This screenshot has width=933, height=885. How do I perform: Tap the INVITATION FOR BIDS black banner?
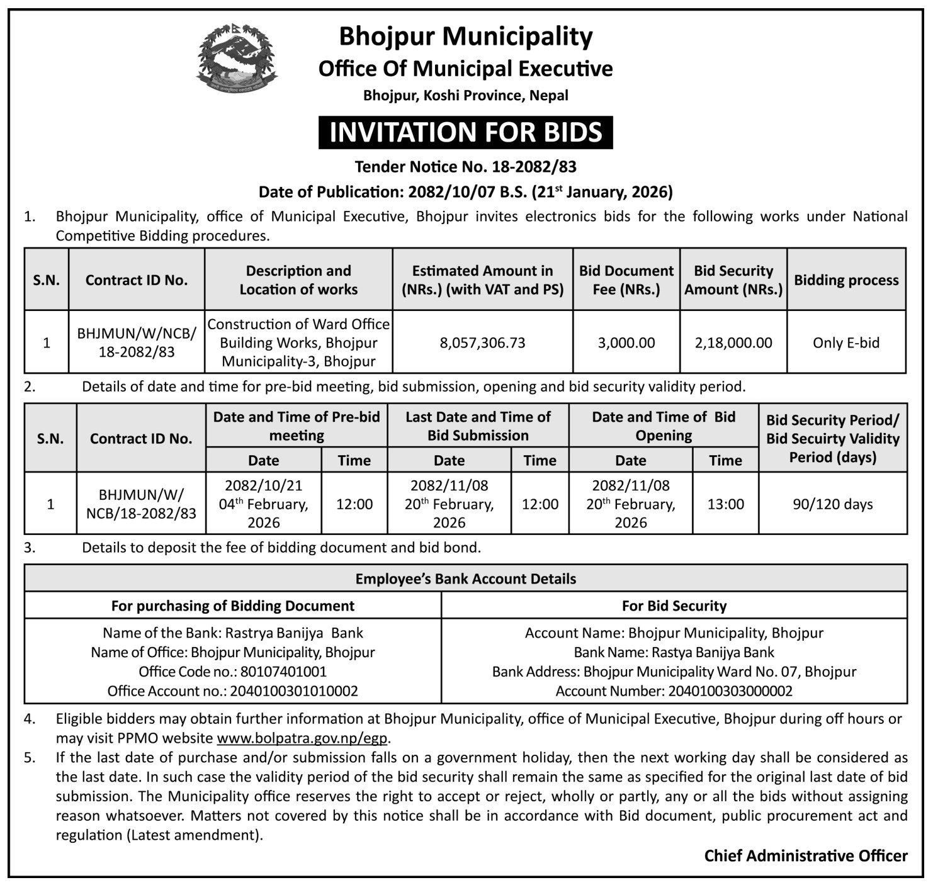465,133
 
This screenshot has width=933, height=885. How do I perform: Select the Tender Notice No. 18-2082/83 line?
465,167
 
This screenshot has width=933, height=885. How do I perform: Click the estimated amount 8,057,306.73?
482,343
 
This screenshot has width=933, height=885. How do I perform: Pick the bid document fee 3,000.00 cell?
626,343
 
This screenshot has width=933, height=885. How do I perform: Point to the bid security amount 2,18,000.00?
733,343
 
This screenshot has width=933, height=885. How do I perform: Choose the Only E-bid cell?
846,343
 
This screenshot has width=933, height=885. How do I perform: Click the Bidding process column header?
846,280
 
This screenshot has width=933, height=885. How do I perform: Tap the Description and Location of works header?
298,280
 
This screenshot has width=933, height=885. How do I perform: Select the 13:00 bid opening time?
725,504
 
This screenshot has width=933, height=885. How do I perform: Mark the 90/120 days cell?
833,504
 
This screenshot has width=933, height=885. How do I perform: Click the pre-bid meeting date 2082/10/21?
263,486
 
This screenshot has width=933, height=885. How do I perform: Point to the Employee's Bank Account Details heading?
465,579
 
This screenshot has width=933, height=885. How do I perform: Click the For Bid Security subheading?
674,606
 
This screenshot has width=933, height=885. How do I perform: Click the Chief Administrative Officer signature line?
806,856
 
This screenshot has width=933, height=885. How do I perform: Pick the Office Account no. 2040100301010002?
294,691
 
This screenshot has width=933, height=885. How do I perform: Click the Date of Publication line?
465,192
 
